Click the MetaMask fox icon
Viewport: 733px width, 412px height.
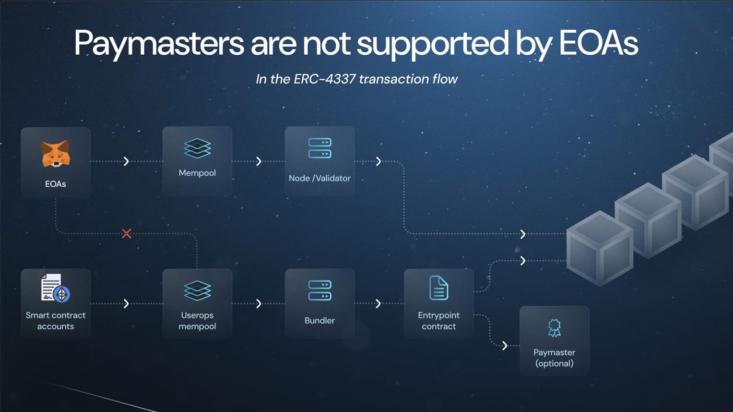56,154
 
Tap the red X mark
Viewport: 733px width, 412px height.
126,233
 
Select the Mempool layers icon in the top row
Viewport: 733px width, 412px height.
197,148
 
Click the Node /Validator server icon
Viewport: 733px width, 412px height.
319,148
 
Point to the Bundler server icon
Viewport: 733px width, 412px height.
319,291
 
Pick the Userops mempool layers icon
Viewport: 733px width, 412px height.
197,291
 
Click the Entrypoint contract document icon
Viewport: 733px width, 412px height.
438,288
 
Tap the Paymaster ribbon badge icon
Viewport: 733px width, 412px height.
554,328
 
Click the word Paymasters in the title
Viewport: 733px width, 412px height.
159,44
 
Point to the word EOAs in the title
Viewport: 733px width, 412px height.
598,44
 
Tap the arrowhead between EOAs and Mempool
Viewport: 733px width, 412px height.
126,161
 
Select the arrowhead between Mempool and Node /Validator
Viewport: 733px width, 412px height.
259,161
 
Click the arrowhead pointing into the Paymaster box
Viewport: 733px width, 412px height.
505,346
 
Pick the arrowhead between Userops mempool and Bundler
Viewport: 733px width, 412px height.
259,303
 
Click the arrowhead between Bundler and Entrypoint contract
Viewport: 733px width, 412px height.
378,303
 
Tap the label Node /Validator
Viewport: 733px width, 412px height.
319,178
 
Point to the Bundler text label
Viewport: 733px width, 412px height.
319,320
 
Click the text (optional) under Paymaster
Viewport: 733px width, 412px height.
554,364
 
